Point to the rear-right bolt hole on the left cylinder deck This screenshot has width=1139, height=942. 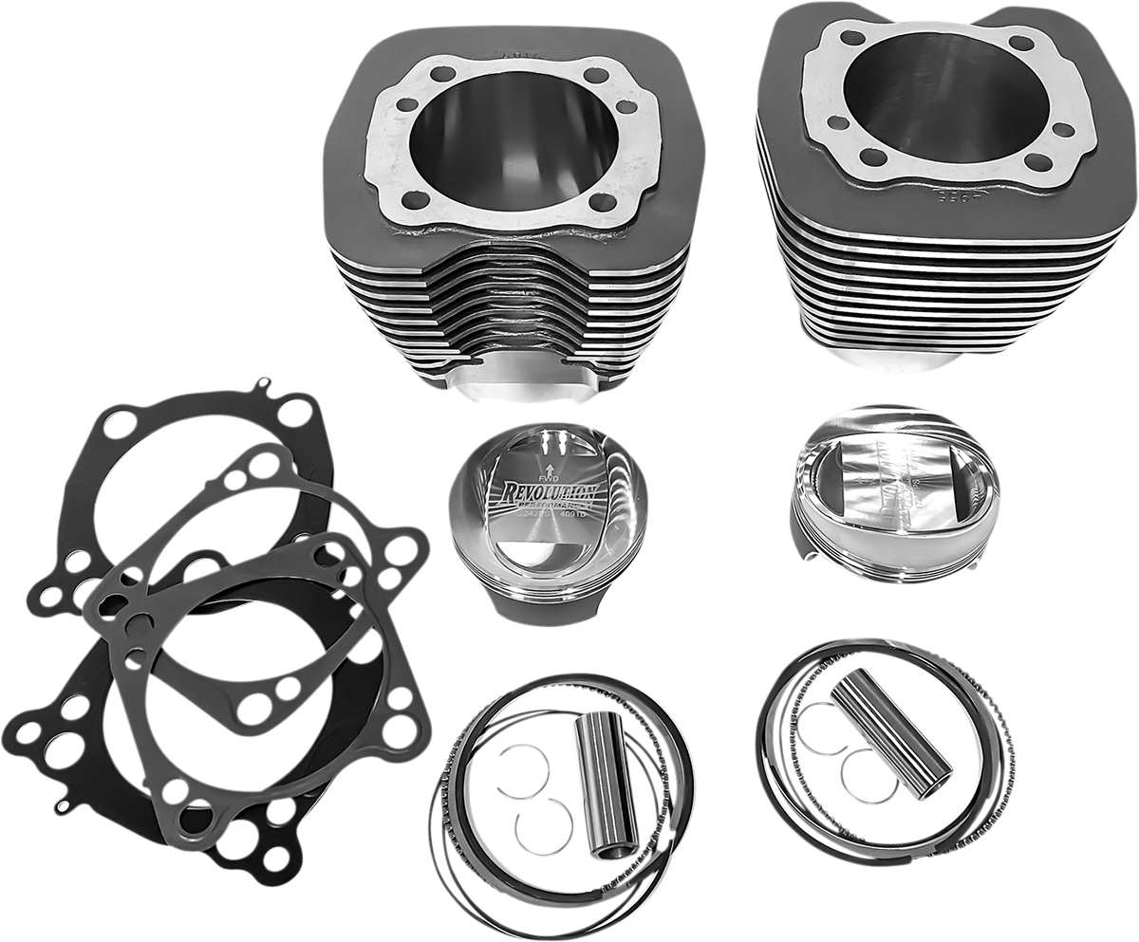point(596,75)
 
